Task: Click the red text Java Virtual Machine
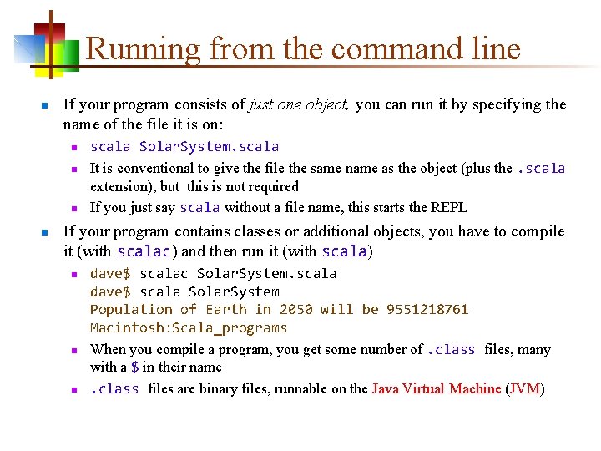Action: pyautogui.click(x=437, y=388)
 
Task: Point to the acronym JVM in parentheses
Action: pyautogui.click(x=526, y=388)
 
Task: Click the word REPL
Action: pyautogui.click(x=449, y=207)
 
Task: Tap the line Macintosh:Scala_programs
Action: pyautogui.click(x=189, y=328)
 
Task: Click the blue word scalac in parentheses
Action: pyautogui.click(x=144, y=251)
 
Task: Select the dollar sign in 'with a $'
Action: pyautogui.click(x=135, y=367)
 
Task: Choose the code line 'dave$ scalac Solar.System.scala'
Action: pyautogui.click(x=213, y=273)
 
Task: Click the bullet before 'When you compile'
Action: pyautogui.click(x=73, y=351)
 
